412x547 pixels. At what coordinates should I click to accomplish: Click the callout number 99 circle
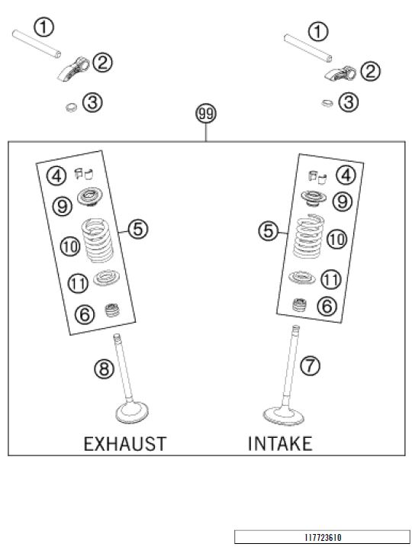tap(206, 114)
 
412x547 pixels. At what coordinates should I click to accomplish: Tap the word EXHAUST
tap(125, 444)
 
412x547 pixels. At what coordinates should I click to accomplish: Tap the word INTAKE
tap(280, 444)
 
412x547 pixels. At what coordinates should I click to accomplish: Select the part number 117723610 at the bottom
tap(323, 537)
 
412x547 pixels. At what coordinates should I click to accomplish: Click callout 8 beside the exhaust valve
tap(105, 368)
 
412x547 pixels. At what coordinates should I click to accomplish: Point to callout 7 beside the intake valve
tap(310, 365)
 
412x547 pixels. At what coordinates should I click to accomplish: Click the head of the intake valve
tap(283, 416)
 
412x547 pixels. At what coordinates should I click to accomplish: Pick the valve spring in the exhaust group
tap(98, 240)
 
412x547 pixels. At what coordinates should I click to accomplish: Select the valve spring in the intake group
tap(309, 236)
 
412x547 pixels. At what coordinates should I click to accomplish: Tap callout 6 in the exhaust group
tap(85, 314)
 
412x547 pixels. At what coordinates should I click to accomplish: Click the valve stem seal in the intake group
tap(299, 304)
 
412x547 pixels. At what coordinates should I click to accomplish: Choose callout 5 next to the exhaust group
tap(138, 229)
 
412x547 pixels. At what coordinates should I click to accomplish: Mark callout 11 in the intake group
tap(330, 279)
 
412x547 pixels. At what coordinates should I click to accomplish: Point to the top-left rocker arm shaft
tap(37, 43)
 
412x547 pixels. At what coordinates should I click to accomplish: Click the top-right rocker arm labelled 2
tap(340, 74)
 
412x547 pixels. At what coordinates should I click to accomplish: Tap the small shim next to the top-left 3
tap(72, 108)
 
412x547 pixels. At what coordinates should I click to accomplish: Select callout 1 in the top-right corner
tap(318, 32)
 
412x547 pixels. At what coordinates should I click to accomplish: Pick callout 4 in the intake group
tap(346, 175)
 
